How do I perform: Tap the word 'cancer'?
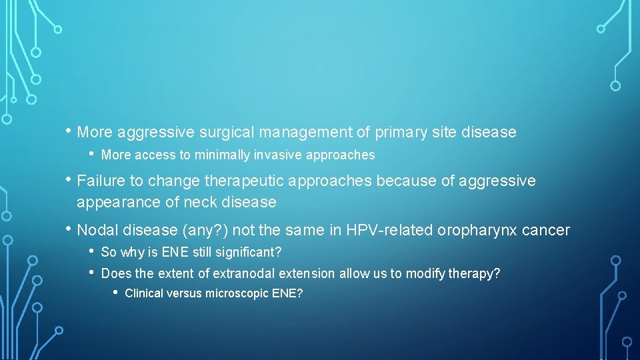[x=546, y=231]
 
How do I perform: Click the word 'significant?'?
[x=250, y=253]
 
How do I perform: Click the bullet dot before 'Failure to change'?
[x=68, y=180]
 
